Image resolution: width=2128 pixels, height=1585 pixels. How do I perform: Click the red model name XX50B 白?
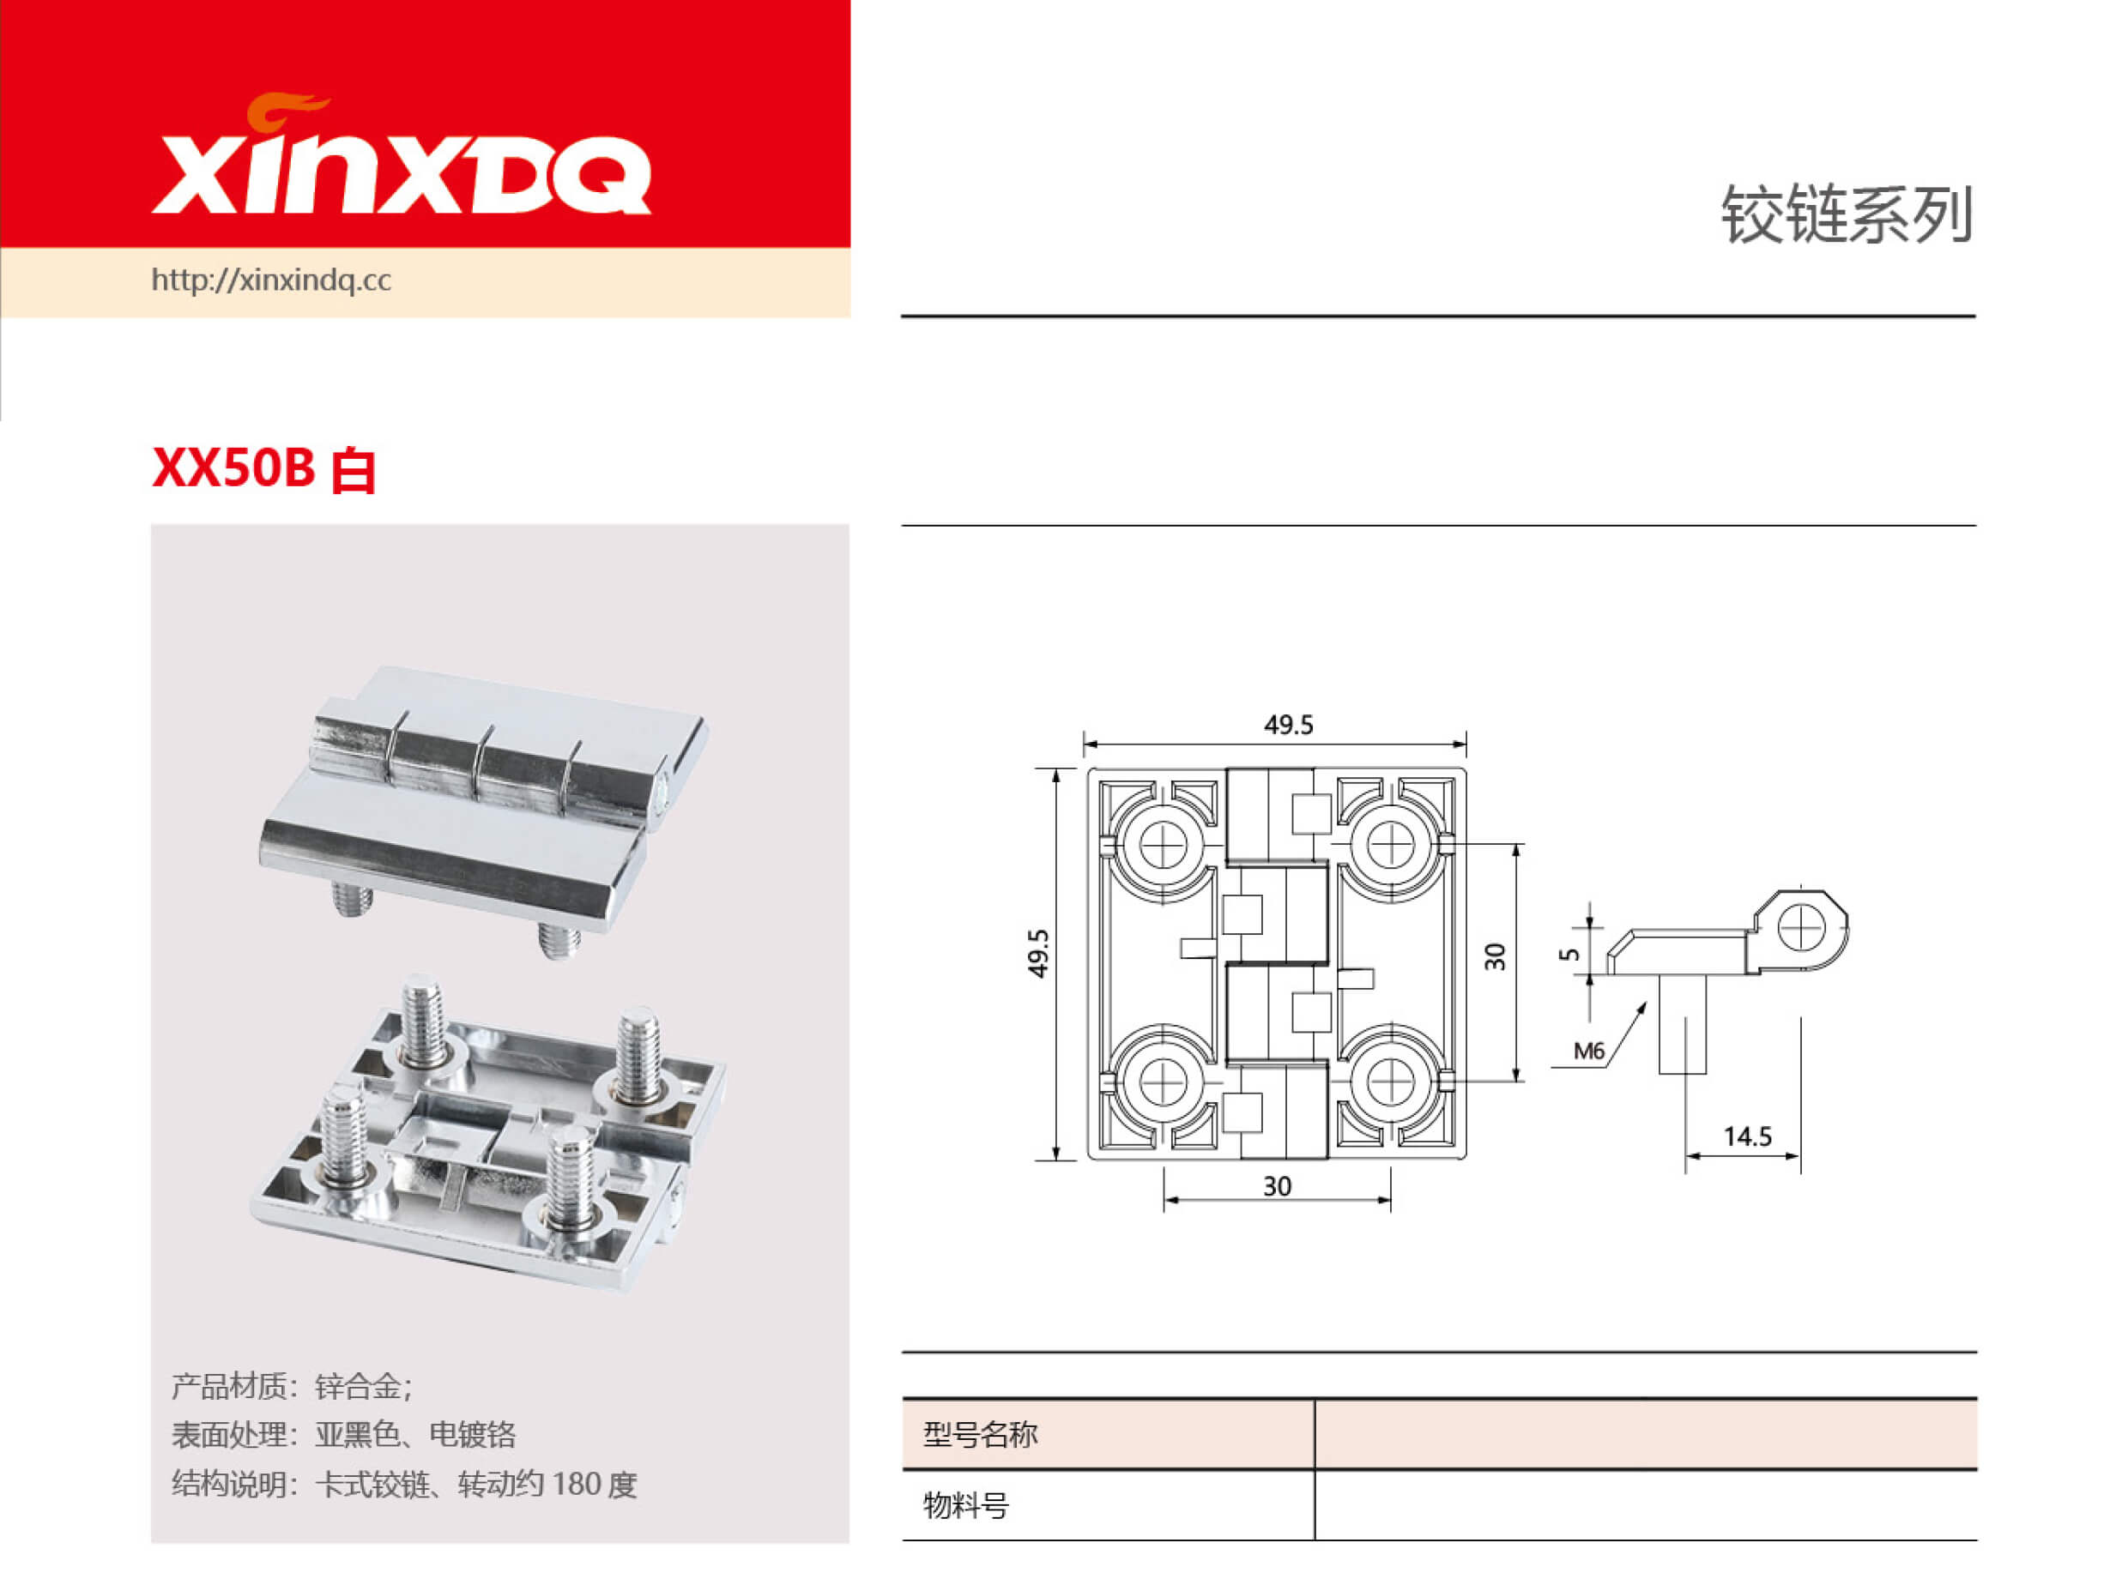pos(263,469)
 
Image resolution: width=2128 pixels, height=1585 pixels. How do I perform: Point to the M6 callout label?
pos(1588,1051)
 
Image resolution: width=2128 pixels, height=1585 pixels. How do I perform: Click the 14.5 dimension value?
pos(1746,1137)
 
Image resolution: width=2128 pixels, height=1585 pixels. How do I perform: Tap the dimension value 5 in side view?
pos(1569,954)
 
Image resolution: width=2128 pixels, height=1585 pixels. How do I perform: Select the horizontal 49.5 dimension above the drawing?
pos(1287,726)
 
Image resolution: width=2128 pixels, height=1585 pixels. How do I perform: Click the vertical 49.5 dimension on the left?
pos(1038,953)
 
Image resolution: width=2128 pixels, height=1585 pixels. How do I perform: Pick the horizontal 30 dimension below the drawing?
pos(1276,1187)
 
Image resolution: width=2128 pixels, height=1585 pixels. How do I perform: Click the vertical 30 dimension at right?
pos(1495,956)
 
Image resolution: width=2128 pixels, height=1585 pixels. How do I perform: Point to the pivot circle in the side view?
pos(1799,928)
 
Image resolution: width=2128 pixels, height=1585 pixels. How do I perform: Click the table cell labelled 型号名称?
pos(980,1435)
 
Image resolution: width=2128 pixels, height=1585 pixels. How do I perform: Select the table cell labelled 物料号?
pos(965,1505)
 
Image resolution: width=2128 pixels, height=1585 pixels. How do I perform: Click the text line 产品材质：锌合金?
pos(292,1386)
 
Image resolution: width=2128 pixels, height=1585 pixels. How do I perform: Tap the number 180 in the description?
pos(576,1485)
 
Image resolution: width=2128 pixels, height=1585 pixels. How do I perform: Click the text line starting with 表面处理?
pos(343,1434)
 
